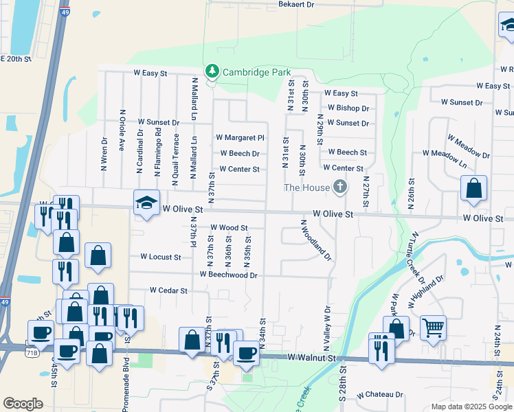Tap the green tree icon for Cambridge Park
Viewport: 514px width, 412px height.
(x=212, y=71)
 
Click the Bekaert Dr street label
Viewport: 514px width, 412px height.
(x=295, y=4)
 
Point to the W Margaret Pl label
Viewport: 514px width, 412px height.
(x=240, y=138)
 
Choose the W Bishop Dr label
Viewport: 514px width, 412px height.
(x=348, y=108)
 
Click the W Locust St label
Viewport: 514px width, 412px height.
(x=160, y=257)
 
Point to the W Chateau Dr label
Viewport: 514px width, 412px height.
(x=379, y=395)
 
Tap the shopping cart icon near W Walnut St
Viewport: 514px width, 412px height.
(x=433, y=328)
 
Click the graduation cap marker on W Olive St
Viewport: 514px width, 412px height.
(x=146, y=203)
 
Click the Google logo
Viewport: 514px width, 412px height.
(x=23, y=404)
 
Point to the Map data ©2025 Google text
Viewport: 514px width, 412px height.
(x=472, y=407)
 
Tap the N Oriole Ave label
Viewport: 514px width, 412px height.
(x=122, y=130)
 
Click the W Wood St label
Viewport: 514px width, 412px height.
(x=228, y=227)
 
